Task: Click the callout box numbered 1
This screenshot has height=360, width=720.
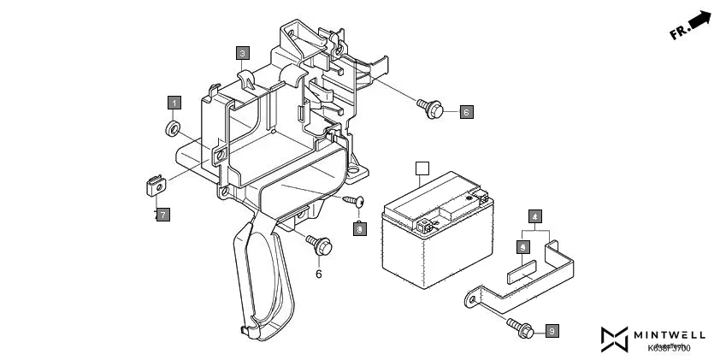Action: (x=174, y=103)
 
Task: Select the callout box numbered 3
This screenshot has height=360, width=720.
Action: (x=243, y=52)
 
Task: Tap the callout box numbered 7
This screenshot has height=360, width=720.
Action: (x=162, y=214)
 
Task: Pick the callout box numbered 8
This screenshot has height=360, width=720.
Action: (x=360, y=228)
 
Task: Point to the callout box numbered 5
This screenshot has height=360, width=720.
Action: (x=521, y=246)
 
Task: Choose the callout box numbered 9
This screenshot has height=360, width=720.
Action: (x=552, y=330)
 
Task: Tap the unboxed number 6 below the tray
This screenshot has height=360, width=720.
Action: (x=319, y=274)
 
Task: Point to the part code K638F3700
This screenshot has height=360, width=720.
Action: (x=669, y=347)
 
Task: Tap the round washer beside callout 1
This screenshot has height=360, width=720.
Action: (x=171, y=129)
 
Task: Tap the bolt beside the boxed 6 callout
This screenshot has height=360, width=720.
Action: (x=430, y=107)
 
